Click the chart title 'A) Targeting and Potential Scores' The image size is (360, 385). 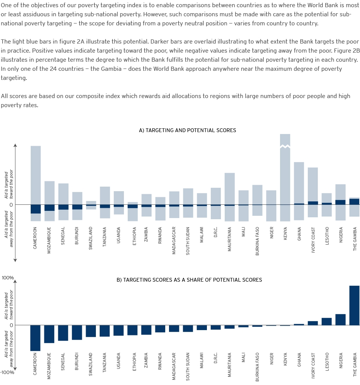pyautogui.click(x=188, y=130)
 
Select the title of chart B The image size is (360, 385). pyautogui.click(x=189, y=280)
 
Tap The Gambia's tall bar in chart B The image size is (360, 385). pyautogui.click(x=354, y=306)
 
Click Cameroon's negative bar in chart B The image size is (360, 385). pyautogui.click(x=35, y=338)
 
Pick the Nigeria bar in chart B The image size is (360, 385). pyautogui.click(x=340, y=320)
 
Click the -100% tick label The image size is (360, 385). pyautogui.click(x=7, y=373)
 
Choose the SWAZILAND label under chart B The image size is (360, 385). pyautogui.click(x=91, y=364)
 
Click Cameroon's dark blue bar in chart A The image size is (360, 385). pyautogui.click(x=36, y=209)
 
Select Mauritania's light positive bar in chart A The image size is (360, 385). pyautogui.click(x=230, y=189)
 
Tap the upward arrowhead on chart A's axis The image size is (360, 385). pyautogui.click(x=15, y=145)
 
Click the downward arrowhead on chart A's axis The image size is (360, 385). pyautogui.click(x=15, y=260)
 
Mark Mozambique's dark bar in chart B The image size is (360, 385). pyautogui.click(x=49, y=334)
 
